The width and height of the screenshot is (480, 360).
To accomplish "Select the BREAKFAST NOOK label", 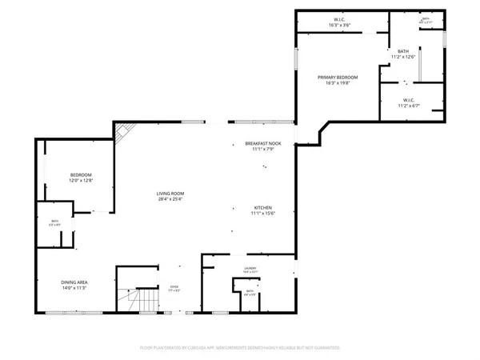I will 263,143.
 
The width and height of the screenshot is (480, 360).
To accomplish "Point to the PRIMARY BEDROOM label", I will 338,77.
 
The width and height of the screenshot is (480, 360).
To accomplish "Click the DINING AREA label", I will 74,282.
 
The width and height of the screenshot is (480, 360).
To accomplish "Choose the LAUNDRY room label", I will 250,269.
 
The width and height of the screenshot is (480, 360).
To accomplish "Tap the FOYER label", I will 173,284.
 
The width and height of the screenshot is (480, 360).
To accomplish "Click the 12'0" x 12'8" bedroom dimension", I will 81,181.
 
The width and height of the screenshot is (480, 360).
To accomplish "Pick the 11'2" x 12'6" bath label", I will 402,57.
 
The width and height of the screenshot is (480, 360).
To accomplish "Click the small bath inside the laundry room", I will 250,292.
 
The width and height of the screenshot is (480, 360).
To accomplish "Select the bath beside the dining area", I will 55,222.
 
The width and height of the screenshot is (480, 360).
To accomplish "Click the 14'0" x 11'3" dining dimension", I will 74,288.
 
